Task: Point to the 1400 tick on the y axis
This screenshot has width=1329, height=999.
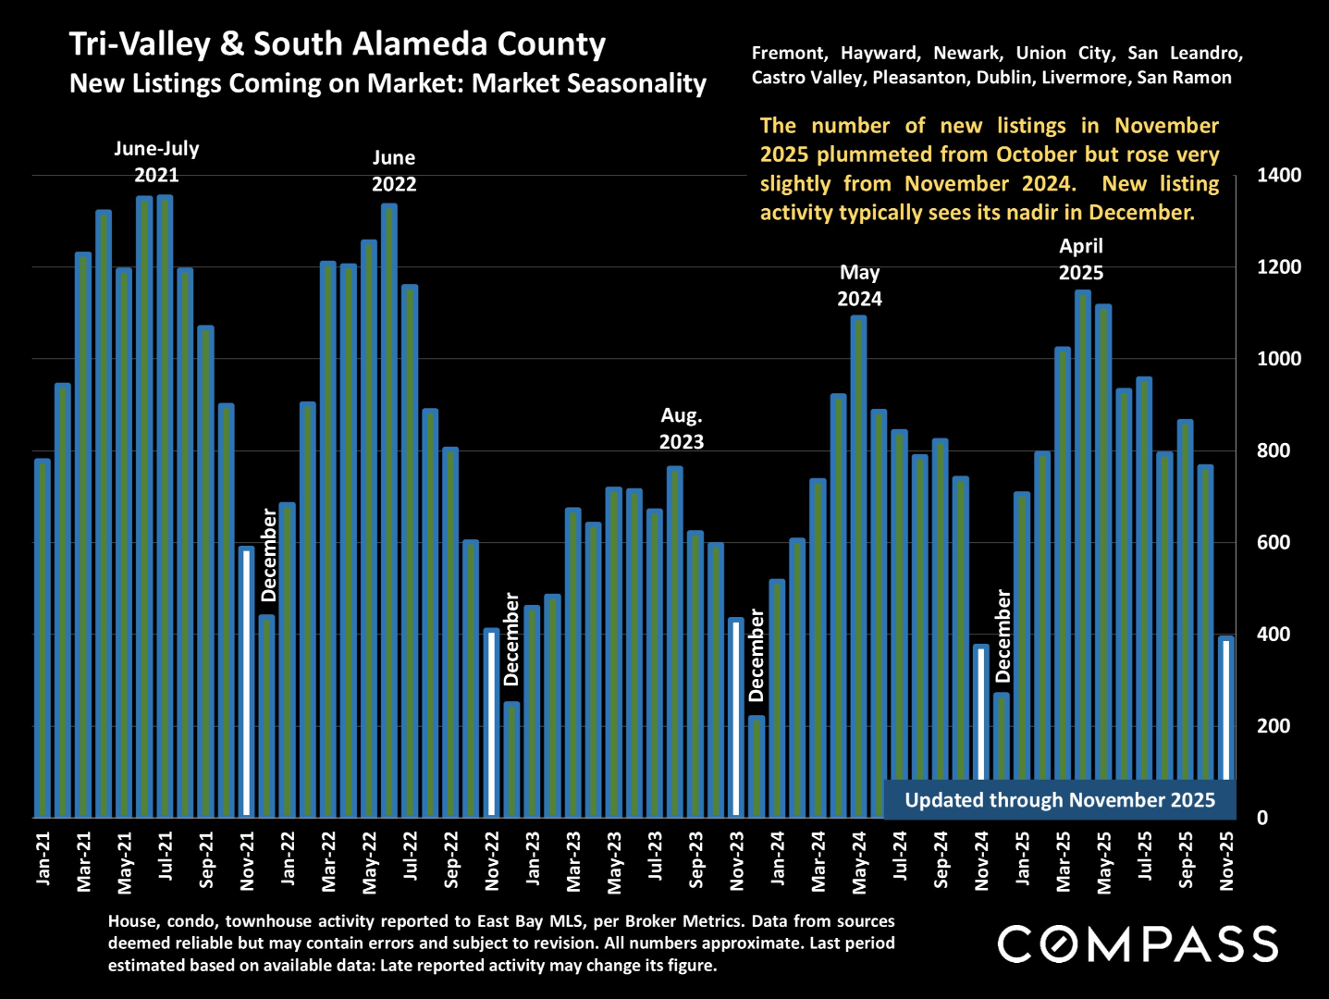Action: (1279, 175)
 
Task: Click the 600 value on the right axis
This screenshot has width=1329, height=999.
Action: (1274, 543)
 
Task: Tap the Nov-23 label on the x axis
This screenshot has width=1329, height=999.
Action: (737, 860)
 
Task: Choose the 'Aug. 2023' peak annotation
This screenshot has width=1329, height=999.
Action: (682, 429)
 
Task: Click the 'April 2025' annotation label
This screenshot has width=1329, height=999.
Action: (1081, 259)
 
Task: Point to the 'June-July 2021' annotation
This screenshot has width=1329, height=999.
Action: (156, 162)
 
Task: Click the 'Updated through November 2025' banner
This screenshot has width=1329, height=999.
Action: (1060, 800)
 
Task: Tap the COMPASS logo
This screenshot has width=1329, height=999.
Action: (1138, 944)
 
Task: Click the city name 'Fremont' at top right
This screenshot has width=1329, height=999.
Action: (789, 54)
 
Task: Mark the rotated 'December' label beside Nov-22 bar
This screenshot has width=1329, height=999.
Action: (511, 639)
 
